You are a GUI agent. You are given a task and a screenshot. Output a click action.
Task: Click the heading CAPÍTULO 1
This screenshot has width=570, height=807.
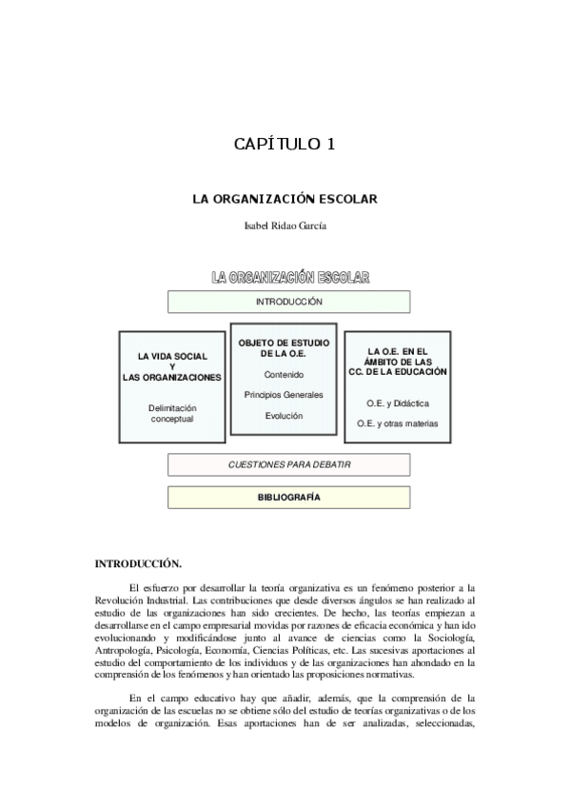pos(285,145)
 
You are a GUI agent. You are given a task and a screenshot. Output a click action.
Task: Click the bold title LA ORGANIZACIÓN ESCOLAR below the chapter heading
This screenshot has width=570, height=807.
pos(285,200)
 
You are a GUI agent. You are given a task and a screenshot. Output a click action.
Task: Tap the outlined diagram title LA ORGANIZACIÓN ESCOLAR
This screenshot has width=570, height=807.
pos(290,277)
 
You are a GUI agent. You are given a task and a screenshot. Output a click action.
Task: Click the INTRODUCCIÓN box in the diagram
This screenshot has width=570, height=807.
pos(289,302)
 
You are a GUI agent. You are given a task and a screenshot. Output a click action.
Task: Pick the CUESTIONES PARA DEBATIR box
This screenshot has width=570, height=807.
pos(289,464)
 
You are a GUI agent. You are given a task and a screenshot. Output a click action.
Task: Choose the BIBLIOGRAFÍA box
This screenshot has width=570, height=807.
pos(289,497)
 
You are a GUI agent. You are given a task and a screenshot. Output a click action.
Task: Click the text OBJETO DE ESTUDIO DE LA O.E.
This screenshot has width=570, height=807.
pos(284,348)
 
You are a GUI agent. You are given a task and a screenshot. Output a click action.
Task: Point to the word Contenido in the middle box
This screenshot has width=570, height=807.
pos(284,375)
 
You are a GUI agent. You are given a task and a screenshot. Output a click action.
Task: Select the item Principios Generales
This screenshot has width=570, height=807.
pos(284,395)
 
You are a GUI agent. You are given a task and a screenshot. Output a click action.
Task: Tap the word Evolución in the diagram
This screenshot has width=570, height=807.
pos(284,416)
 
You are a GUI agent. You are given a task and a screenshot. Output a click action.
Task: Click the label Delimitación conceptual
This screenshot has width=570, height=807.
pos(172,412)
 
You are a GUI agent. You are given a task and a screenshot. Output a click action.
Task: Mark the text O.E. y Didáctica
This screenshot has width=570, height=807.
pos(398,403)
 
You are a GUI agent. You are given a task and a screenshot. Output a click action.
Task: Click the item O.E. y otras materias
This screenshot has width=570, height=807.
pos(398,423)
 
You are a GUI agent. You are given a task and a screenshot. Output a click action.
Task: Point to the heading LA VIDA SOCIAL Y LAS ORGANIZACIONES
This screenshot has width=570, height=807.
pos(172,366)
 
